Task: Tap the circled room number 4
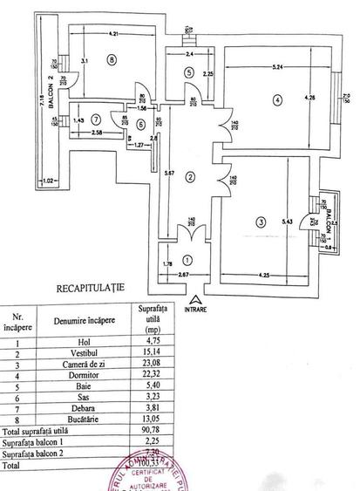pyautogui.click(x=278, y=99)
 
